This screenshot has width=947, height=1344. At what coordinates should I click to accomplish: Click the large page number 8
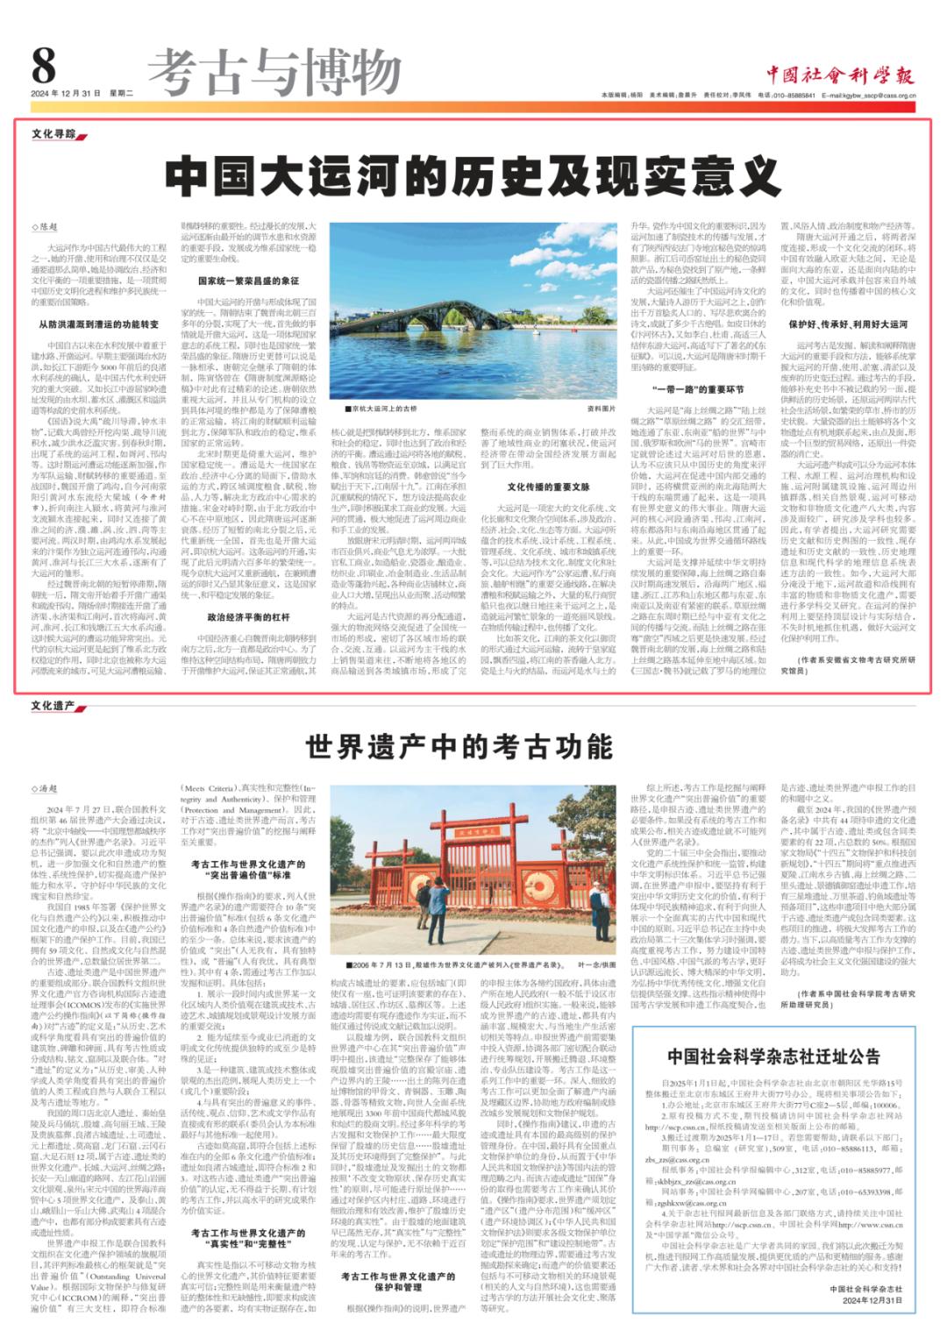tap(44, 65)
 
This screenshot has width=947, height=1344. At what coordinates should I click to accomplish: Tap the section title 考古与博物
tap(274, 72)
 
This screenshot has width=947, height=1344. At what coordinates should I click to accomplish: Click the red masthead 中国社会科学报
tap(840, 75)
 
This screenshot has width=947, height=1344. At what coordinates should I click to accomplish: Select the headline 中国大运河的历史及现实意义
tap(473, 176)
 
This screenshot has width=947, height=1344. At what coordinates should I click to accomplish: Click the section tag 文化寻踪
tap(54, 134)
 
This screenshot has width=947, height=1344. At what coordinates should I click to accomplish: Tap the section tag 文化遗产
tap(53, 706)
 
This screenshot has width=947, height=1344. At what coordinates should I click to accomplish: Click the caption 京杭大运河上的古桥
tap(384, 409)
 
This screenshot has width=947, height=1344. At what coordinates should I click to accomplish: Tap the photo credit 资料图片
tap(602, 409)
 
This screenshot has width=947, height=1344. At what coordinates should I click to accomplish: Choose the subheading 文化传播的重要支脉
tap(548, 487)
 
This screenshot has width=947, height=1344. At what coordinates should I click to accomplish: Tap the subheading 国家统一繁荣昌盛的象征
tap(248, 281)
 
